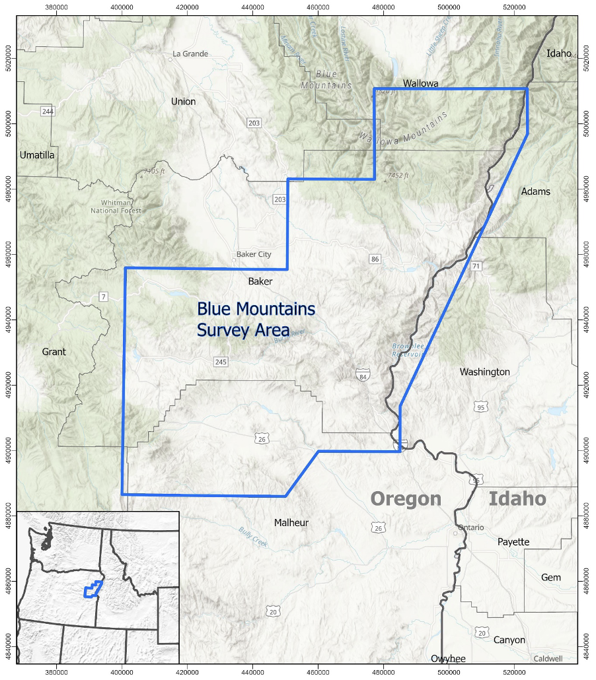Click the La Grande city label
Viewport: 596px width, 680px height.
coord(190,54)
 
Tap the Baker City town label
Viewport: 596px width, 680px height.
coord(254,254)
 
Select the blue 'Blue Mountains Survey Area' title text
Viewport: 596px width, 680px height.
coord(256,319)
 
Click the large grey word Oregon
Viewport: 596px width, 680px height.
coord(405,498)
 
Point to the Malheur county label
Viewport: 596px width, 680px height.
coord(291,523)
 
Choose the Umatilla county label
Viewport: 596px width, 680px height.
coord(37,155)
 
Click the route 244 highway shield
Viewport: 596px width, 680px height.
coord(47,111)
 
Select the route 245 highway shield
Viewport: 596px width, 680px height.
coord(221,362)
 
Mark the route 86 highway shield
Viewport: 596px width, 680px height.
coord(375,259)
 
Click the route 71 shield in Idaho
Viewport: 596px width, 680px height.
coord(476,266)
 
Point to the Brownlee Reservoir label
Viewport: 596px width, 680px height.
coord(407,350)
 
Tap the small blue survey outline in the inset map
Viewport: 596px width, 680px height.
coord(92,589)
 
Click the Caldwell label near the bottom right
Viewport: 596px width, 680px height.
coord(548,659)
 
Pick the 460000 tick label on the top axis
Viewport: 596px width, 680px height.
coord(318,8)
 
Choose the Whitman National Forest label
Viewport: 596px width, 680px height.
coord(116,207)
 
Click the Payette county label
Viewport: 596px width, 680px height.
coord(513,542)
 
